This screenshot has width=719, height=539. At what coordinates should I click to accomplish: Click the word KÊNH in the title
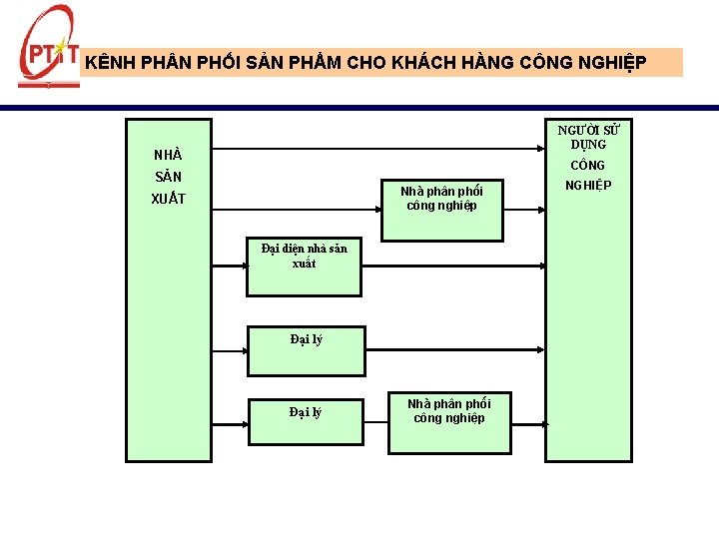pyautogui.click(x=108, y=63)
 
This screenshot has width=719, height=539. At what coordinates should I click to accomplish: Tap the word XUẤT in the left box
pyautogui.click(x=168, y=199)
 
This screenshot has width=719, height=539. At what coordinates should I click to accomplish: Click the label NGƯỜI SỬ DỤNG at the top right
pyautogui.click(x=589, y=137)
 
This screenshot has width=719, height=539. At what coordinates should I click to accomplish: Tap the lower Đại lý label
pyautogui.click(x=306, y=411)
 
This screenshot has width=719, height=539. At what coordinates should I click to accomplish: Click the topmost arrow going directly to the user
pyautogui.click(x=379, y=151)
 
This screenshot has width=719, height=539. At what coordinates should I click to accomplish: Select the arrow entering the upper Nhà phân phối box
pyautogui.click(x=300, y=211)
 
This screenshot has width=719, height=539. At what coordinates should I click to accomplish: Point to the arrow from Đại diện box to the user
pyautogui.click(x=449, y=267)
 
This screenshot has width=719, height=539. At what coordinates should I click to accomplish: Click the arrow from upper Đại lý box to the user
pyautogui.click(x=454, y=349)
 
